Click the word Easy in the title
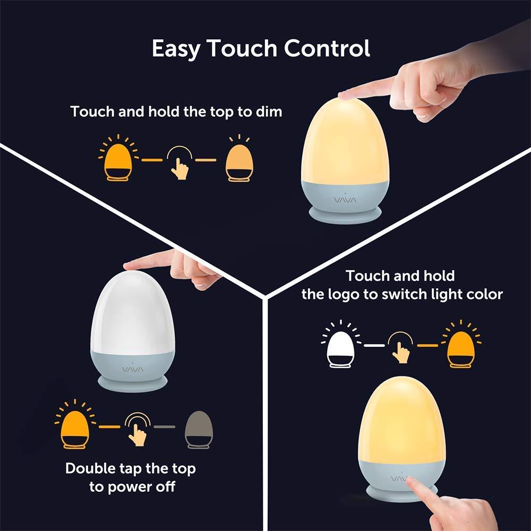click(x=176, y=49)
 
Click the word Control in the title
click(x=327, y=48)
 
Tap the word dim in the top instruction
click(x=269, y=112)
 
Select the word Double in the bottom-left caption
click(x=90, y=468)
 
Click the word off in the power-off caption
click(x=165, y=486)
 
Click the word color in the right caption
click(x=485, y=294)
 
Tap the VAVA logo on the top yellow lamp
click(x=345, y=200)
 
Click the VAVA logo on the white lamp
click(x=132, y=369)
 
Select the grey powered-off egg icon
click(x=199, y=430)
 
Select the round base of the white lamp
click(x=132, y=383)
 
